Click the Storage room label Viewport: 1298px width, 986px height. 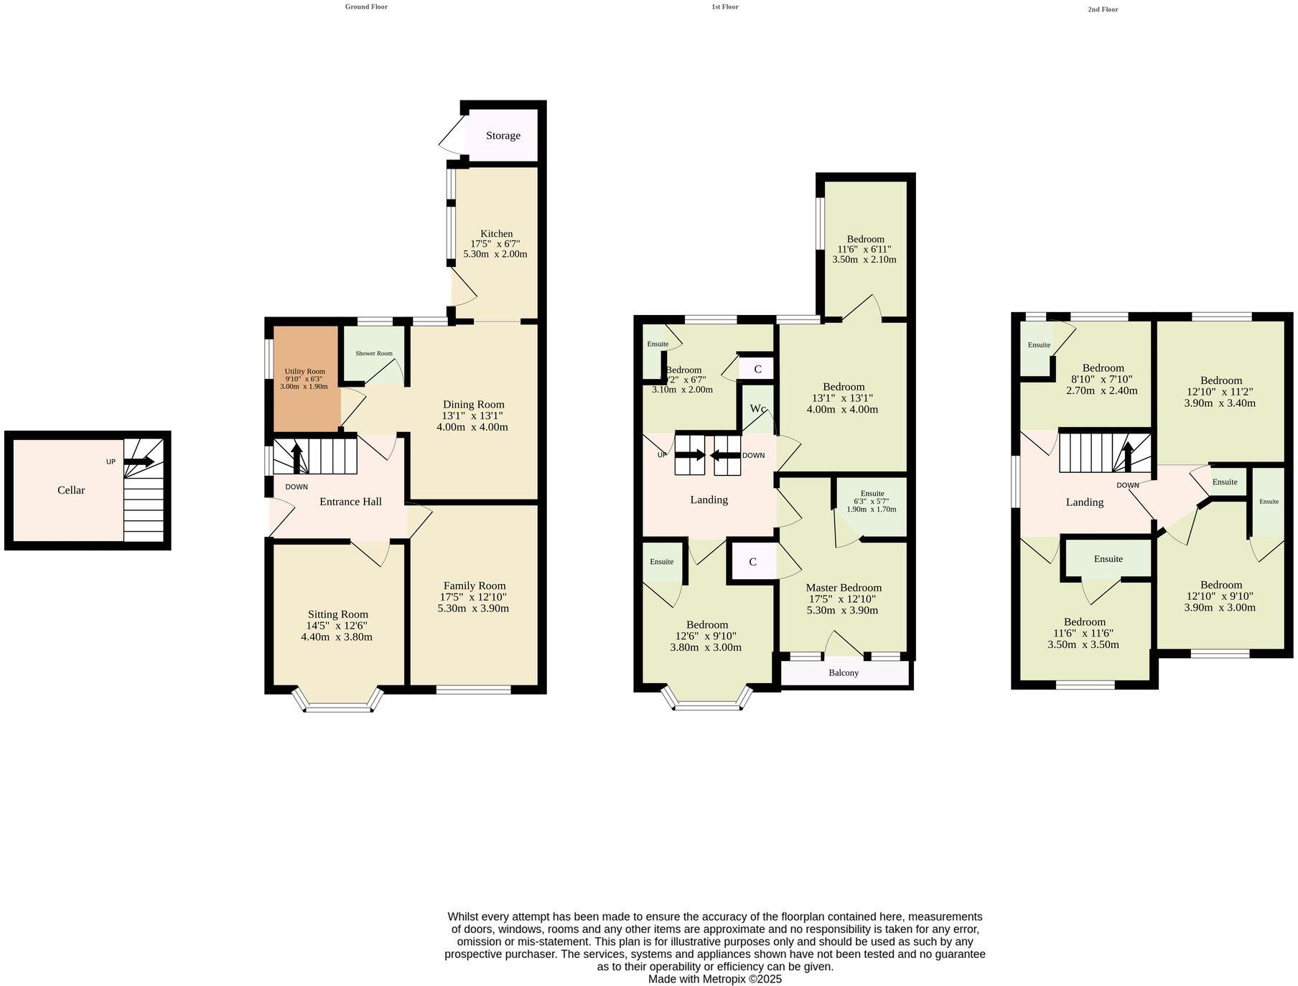[x=503, y=136]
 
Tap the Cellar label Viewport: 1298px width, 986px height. [x=71, y=490]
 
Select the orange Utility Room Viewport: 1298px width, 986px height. [x=304, y=379]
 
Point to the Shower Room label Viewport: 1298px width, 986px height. [x=374, y=353]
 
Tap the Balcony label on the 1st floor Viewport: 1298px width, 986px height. [x=844, y=672]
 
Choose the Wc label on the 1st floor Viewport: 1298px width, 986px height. [x=757, y=408]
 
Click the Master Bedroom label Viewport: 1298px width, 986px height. [x=843, y=587]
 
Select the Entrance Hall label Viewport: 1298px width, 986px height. [x=350, y=502]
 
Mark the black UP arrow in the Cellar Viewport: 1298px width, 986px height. [x=139, y=461]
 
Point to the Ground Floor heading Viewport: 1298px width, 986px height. [x=366, y=6]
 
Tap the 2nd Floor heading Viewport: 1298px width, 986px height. [x=1103, y=9]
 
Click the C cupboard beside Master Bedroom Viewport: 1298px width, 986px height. [x=752, y=562]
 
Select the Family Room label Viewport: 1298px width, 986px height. [x=474, y=586]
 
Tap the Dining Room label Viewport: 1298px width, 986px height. [x=473, y=404]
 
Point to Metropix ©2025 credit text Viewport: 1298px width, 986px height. [x=714, y=979]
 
